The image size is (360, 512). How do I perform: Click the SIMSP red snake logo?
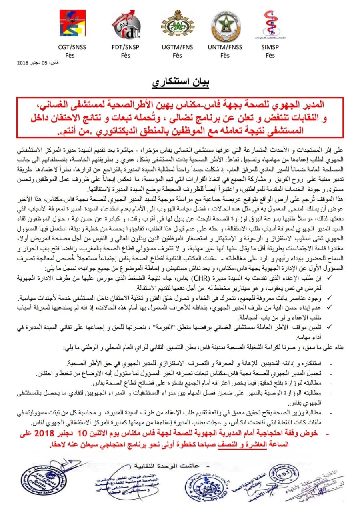click(x=270, y=23)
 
